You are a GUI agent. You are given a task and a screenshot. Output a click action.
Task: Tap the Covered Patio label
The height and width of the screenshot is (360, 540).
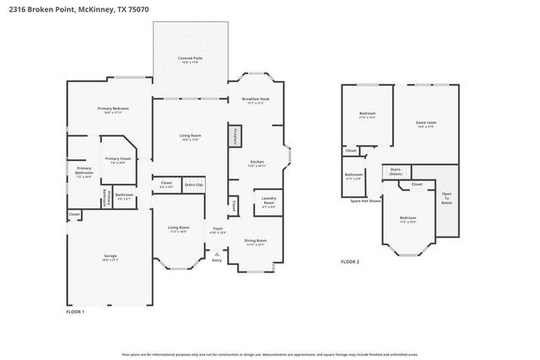point(190,59)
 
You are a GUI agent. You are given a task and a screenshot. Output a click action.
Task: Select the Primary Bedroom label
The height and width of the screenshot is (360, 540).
point(112,110)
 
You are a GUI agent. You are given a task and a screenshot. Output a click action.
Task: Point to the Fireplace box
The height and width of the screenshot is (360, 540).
point(235,136)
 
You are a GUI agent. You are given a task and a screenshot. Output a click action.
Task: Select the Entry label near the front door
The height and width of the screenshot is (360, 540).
point(218,261)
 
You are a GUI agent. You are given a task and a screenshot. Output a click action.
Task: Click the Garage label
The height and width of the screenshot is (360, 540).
point(110,256)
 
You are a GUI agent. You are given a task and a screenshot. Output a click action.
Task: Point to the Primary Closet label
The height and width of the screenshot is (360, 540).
point(117,159)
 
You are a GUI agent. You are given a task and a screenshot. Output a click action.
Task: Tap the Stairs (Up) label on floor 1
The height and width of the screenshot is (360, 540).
point(194,183)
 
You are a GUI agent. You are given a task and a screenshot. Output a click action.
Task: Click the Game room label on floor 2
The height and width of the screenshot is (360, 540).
point(425,123)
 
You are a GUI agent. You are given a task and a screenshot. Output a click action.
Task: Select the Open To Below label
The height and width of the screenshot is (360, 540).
point(446,198)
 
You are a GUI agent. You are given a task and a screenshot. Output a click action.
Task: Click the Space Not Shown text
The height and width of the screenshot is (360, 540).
point(365,201)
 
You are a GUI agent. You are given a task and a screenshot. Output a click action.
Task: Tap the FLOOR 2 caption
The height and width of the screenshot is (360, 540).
point(349,262)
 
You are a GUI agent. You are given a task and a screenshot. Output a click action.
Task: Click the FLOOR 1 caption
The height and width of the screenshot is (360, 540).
point(75,311)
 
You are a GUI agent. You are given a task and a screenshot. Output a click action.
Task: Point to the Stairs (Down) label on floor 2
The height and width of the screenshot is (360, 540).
point(395,171)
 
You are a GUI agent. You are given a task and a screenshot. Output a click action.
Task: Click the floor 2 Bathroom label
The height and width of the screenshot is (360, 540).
point(353,176)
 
